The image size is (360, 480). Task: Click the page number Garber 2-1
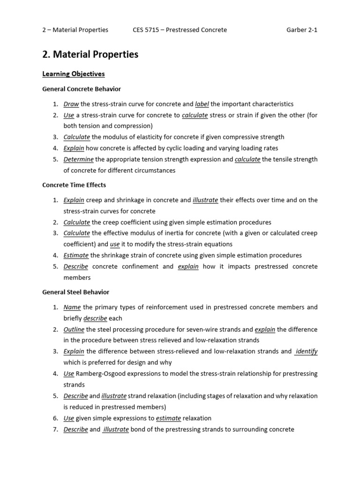(302, 30)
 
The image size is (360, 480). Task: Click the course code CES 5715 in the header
(147, 30)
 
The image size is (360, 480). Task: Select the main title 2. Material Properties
(90, 54)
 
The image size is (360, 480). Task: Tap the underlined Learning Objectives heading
(74, 74)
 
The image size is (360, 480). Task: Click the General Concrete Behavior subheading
(82, 89)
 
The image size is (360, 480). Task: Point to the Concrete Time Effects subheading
(74, 185)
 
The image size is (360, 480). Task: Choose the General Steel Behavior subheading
(75, 292)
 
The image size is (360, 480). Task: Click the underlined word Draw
(71, 104)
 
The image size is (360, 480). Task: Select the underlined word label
(202, 104)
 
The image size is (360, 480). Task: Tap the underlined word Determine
(79, 159)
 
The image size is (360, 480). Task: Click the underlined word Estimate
(76, 255)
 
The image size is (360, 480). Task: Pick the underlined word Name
(72, 307)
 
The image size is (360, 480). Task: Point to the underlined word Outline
(75, 330)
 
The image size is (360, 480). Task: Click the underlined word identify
(307, 352)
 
